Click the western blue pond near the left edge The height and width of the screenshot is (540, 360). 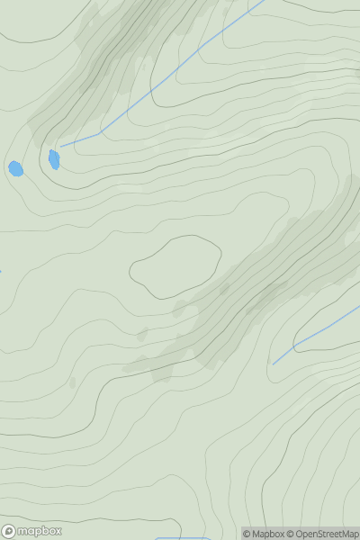click(x=15, y=168)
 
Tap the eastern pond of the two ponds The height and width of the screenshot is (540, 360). click(x=54, y=159)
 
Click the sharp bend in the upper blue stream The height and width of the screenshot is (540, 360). click(x=100, y=133)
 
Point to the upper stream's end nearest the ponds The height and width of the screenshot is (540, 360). click(x=61, y=146)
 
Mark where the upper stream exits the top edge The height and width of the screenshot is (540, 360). click(x=263, y=1)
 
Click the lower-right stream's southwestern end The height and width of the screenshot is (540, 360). click(x=274, y=363)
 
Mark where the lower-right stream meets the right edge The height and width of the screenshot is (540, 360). click(x=358, y=308)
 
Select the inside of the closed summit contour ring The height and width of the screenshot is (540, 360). click(x=175, y=266)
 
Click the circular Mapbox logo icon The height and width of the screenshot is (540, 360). click(x=9, y=531)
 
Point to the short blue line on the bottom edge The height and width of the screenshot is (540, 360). click(x=180, y=538)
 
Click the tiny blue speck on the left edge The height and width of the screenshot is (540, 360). click(x=1, y=271)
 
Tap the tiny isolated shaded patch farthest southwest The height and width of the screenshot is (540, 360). click(x=72, y=382)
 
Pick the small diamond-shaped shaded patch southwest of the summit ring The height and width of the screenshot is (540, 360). click(x=142, y=335)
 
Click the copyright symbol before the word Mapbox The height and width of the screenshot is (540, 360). click(x=247, y=534)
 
